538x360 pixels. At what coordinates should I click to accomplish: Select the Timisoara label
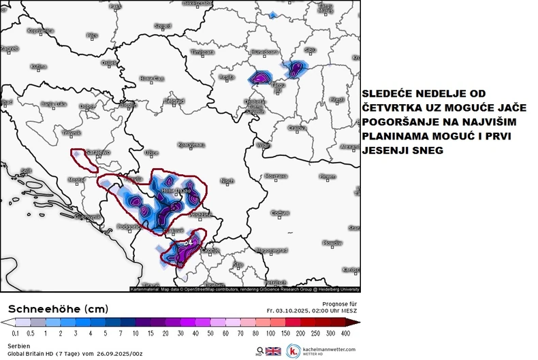tap(202, 52)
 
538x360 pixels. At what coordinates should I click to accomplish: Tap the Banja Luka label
tap(52, 104)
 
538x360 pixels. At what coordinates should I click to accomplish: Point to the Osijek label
tap(109, 63)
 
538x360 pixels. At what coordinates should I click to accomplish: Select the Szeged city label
tap(162, 26)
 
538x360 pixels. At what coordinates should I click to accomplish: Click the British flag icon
tap(272, 351)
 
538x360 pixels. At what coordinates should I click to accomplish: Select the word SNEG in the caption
tap(428, 151)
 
